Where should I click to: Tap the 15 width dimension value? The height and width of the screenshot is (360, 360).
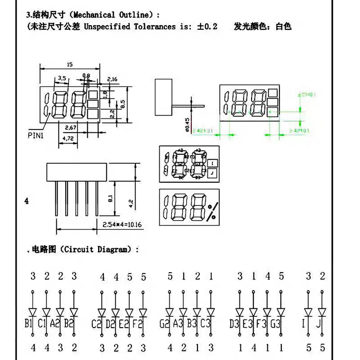pyautogui.click(x=69, y=64)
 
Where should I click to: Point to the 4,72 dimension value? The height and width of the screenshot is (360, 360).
pyautogui.click(x=69, y=139)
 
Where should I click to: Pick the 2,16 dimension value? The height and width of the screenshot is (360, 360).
pyautogui.click(x=112, y=79)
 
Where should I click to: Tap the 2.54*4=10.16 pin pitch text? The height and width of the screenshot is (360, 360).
pyautogui.click(x=122, y=225)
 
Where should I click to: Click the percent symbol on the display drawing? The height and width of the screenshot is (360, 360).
pyautogui.click(x=211, y=211)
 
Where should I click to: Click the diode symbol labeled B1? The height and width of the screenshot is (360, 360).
pyautogui.click(x=33, y=311)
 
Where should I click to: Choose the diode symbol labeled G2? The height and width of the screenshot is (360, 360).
pyautogui.click(x=169, y=311)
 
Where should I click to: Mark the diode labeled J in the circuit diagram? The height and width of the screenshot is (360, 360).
pyautogui.click(x=322, y=311)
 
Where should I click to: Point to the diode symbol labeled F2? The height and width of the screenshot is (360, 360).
pyautogui.click(x=143, y=311)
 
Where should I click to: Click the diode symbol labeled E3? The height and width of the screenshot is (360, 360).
pyautogui.click(x=253, y=311)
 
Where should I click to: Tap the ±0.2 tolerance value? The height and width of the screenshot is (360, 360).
pyautogui.click(x=207, y=27)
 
